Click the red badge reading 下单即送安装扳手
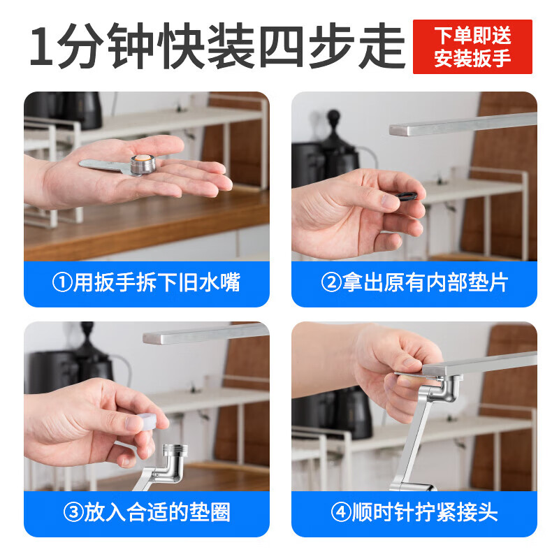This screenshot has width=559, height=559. tap(472, 47)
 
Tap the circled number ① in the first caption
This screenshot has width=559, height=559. tap(62, 283)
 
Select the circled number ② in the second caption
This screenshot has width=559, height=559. tap(331, 283)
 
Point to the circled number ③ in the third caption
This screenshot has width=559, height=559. tap(73, 513)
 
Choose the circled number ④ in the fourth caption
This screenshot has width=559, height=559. tap(341, 513)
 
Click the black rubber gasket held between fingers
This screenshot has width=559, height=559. tap(407, 196)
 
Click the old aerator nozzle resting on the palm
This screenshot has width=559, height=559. tap(143, 165)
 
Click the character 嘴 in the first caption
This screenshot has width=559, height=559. tap(231, 283)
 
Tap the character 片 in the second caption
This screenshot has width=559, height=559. tap(498, 283)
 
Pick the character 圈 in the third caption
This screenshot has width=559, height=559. tap(220, 513)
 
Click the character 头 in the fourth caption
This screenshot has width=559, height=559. tap(488, 513)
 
